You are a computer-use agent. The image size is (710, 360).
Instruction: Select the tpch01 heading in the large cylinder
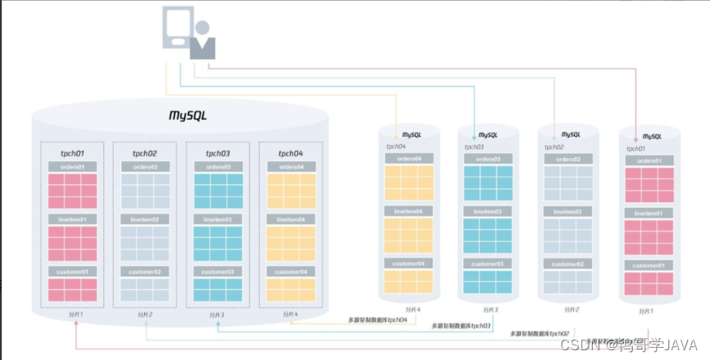click(x=72, y=153)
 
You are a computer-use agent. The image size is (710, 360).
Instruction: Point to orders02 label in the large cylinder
click(x=146, y=167)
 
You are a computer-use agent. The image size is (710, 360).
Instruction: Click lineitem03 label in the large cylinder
click(x=218, y=219)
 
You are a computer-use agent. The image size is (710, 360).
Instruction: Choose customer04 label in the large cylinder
click(x=291, y=271)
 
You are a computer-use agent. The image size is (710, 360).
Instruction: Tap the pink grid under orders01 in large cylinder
click(x=72, y=191)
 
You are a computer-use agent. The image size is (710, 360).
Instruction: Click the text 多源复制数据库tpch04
click(x=379, y=320)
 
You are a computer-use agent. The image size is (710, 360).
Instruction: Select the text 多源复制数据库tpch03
click(x=461, y=326)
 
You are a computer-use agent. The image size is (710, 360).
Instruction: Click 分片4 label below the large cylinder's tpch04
click(x=289, y=314)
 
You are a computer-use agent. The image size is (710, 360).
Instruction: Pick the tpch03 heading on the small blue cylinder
click(x=476, y=147)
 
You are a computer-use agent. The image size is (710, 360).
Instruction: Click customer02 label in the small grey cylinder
click(x=570, y=263)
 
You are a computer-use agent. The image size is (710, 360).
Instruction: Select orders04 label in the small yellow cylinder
click(x=409, y=159)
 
